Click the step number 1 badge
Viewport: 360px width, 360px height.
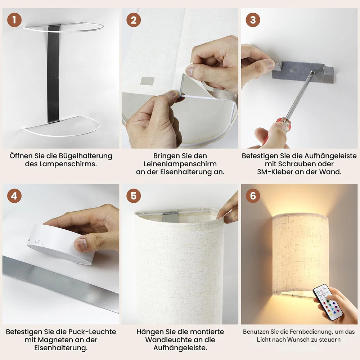(x=14, y=20)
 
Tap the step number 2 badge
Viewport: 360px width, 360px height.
(x=134, y=20)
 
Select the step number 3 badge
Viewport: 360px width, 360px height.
(x=253, y=20)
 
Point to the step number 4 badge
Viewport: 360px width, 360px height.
(x=14, y=196)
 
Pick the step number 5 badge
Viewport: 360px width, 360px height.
(x=134, y=196)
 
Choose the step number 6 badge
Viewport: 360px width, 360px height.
(x=253, y=196)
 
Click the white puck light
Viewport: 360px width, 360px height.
(x=60, y=244)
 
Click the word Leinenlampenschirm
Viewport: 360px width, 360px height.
(x=180, y=164)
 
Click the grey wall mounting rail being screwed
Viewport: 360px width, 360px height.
(x=303, y=72)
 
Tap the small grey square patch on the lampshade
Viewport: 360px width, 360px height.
(x=147, y=81)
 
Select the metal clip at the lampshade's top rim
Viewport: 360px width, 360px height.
(x=171, y=217)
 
